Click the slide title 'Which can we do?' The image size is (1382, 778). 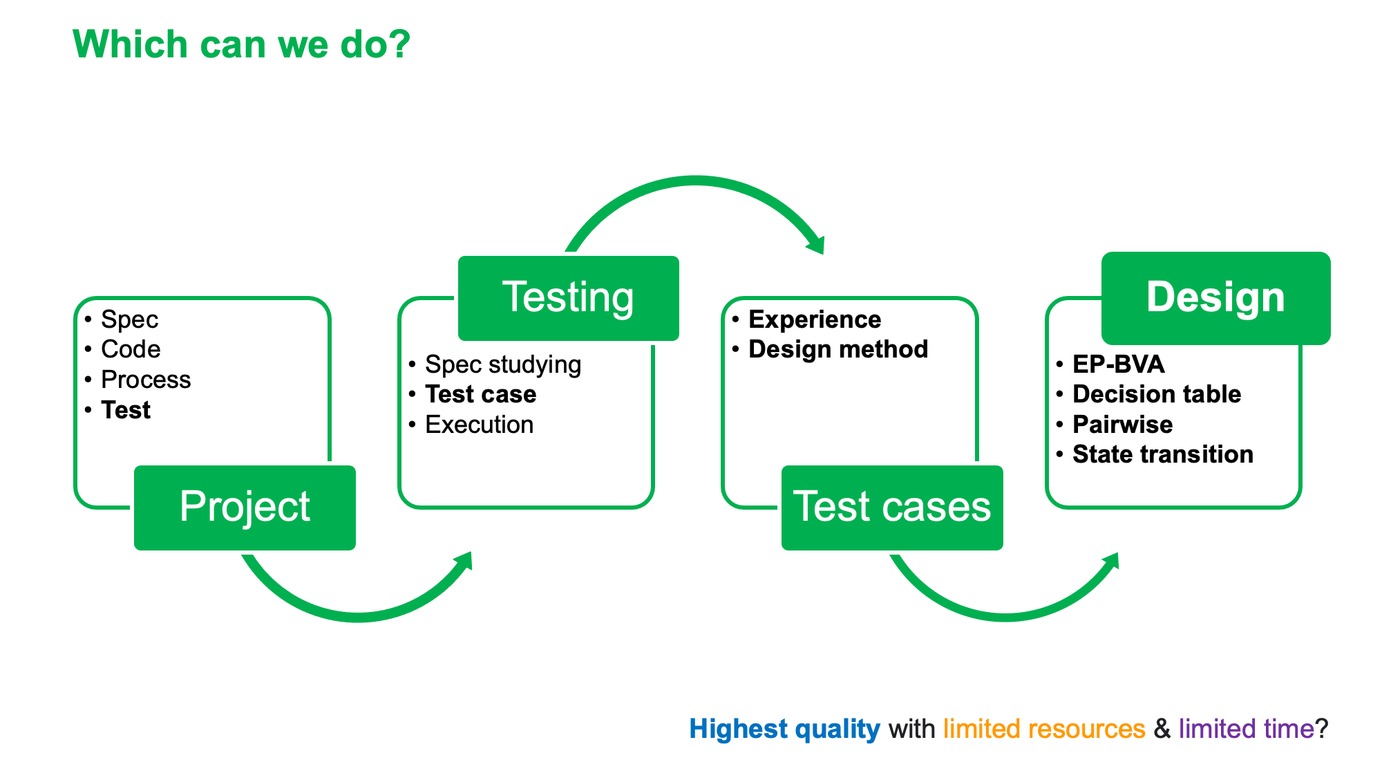point(241,45)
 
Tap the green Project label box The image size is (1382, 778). point(245,508)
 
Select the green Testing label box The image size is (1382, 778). point(568,298)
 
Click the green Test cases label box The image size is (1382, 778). point(892,508)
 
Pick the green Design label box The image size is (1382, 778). point(1215,298)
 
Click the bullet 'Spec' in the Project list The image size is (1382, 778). point(129,319)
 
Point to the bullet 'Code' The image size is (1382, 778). point(131,349)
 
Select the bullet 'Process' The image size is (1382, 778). point(146,380)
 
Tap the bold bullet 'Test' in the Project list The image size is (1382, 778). point(126,410)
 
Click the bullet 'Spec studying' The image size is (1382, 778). point(503,364)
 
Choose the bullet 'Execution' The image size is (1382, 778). point(480,425)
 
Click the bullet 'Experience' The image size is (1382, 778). point(815,319)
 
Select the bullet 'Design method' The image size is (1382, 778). point(838,349)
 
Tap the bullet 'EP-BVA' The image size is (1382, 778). point(1118,364)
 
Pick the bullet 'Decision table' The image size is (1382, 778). point(1157,394)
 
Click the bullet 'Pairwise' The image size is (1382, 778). point(1122,425)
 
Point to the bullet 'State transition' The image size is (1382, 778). point(1163,454)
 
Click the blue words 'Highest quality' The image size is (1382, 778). point(784,729)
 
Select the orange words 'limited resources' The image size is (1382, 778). point(1044,729)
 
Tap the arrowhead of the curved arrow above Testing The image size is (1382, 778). point(815,243)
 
